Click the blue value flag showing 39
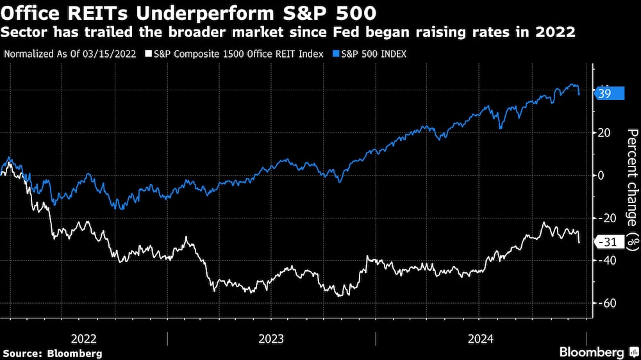(610, 94)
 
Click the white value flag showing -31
(608, 242)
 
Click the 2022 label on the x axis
(85, 338)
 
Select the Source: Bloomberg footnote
(53, 353)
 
